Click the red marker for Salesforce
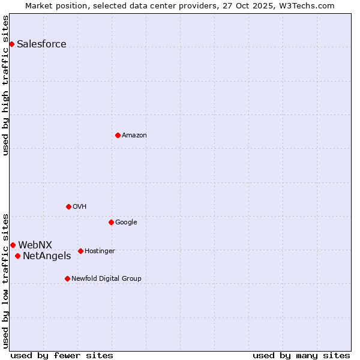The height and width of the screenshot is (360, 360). click(11, 44)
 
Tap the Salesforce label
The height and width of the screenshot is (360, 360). click(41, 44)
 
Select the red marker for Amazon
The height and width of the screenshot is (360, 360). click(118, 135)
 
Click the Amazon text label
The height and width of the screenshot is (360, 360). click(134, 136)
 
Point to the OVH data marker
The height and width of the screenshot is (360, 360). click(68, 206)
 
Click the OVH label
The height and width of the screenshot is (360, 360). click(80, 207)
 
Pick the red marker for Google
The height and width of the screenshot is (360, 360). click(111, 222)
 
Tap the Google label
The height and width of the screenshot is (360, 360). click(126, 223)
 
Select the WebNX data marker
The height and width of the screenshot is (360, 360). click(13, 245)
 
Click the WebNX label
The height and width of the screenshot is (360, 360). click(35, 245)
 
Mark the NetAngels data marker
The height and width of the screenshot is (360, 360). click(17, 256)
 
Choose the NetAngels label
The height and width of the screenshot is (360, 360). click(47, 256)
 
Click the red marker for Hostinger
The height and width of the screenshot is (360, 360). click(80, 251)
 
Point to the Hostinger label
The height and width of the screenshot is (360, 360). click(100, 251)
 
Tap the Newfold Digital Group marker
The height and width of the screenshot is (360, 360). click(67, 278)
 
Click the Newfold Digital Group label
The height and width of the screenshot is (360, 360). click(106, 279)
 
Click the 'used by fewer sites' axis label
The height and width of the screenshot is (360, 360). click(62, 356)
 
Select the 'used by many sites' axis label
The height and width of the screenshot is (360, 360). click(301, 356)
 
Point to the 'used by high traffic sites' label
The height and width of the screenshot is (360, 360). click(6, 85)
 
